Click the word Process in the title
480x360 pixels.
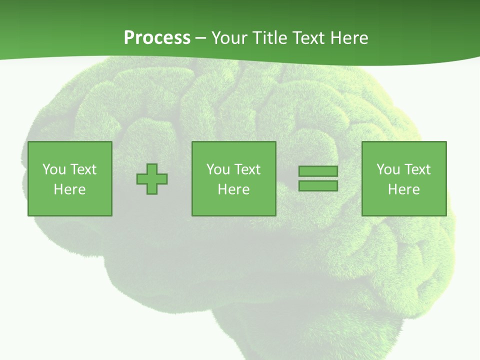[157, 38]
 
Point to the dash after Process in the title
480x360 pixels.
[201, 38]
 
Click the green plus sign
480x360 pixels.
[152, 179]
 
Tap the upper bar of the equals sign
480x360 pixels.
[318, 171]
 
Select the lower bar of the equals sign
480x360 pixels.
[318, 186]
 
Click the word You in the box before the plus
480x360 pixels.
[54, 169]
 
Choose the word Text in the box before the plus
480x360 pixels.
[82, 169]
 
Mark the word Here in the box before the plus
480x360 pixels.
[70, 189]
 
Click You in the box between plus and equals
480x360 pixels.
[218, 169]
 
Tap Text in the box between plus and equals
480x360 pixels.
[246, 169]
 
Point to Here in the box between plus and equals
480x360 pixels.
[234, 189]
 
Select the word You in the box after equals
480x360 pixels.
[388, 169]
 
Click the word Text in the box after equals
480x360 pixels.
[416, 169]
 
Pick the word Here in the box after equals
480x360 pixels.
[404, 189]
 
